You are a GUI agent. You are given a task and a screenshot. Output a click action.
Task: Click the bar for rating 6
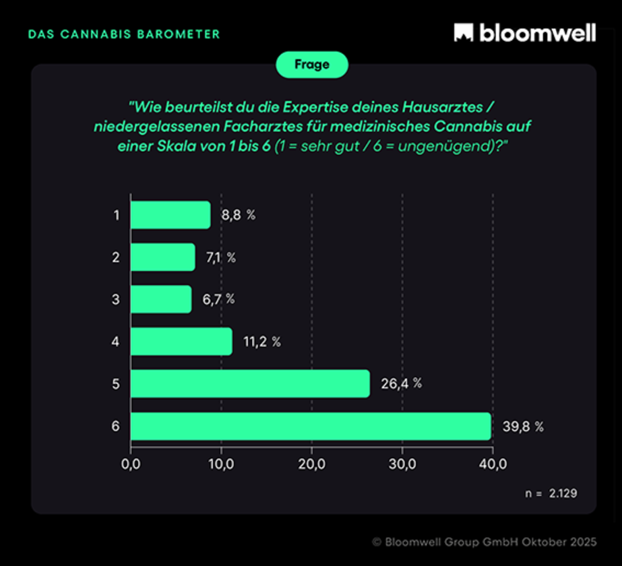point(310,426)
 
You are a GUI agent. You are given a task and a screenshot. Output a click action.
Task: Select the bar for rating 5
point(249,383)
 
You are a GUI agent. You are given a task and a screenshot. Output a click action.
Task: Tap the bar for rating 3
point(160,299)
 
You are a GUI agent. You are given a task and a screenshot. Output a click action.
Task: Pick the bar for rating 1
point(170,215)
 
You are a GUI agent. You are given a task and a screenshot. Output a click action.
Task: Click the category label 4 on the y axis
point(117,342)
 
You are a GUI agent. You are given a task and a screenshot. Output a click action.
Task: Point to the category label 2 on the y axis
point(117,257)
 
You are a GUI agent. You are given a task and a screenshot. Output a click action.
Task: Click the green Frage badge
point(311,65)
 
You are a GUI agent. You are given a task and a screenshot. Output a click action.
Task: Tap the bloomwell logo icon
point(463,32)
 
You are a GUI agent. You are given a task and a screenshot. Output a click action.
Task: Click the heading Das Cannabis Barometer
point(123,34)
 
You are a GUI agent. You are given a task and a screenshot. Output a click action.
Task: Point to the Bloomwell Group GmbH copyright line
point(483,541)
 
